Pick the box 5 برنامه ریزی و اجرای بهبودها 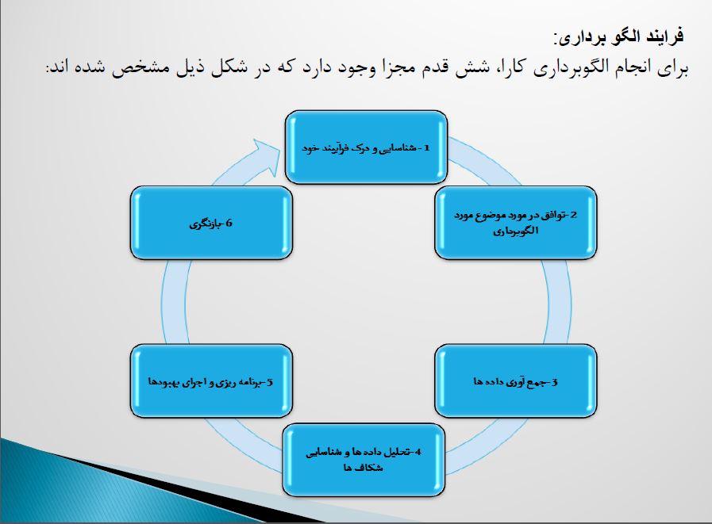click(210, 381)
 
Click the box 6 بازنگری click(210, 224)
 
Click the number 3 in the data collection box click(556, 382)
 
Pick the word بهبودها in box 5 click(161, 382)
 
